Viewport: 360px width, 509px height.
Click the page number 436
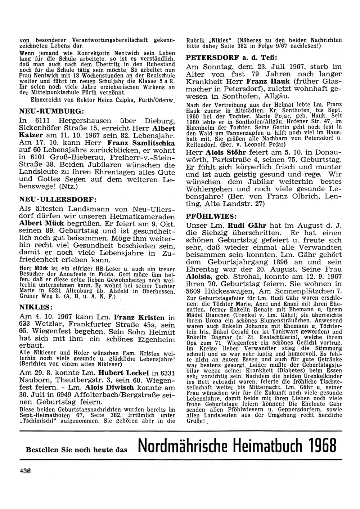(x=24, y=470)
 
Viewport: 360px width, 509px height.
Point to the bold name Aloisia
(x=201, y=276)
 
